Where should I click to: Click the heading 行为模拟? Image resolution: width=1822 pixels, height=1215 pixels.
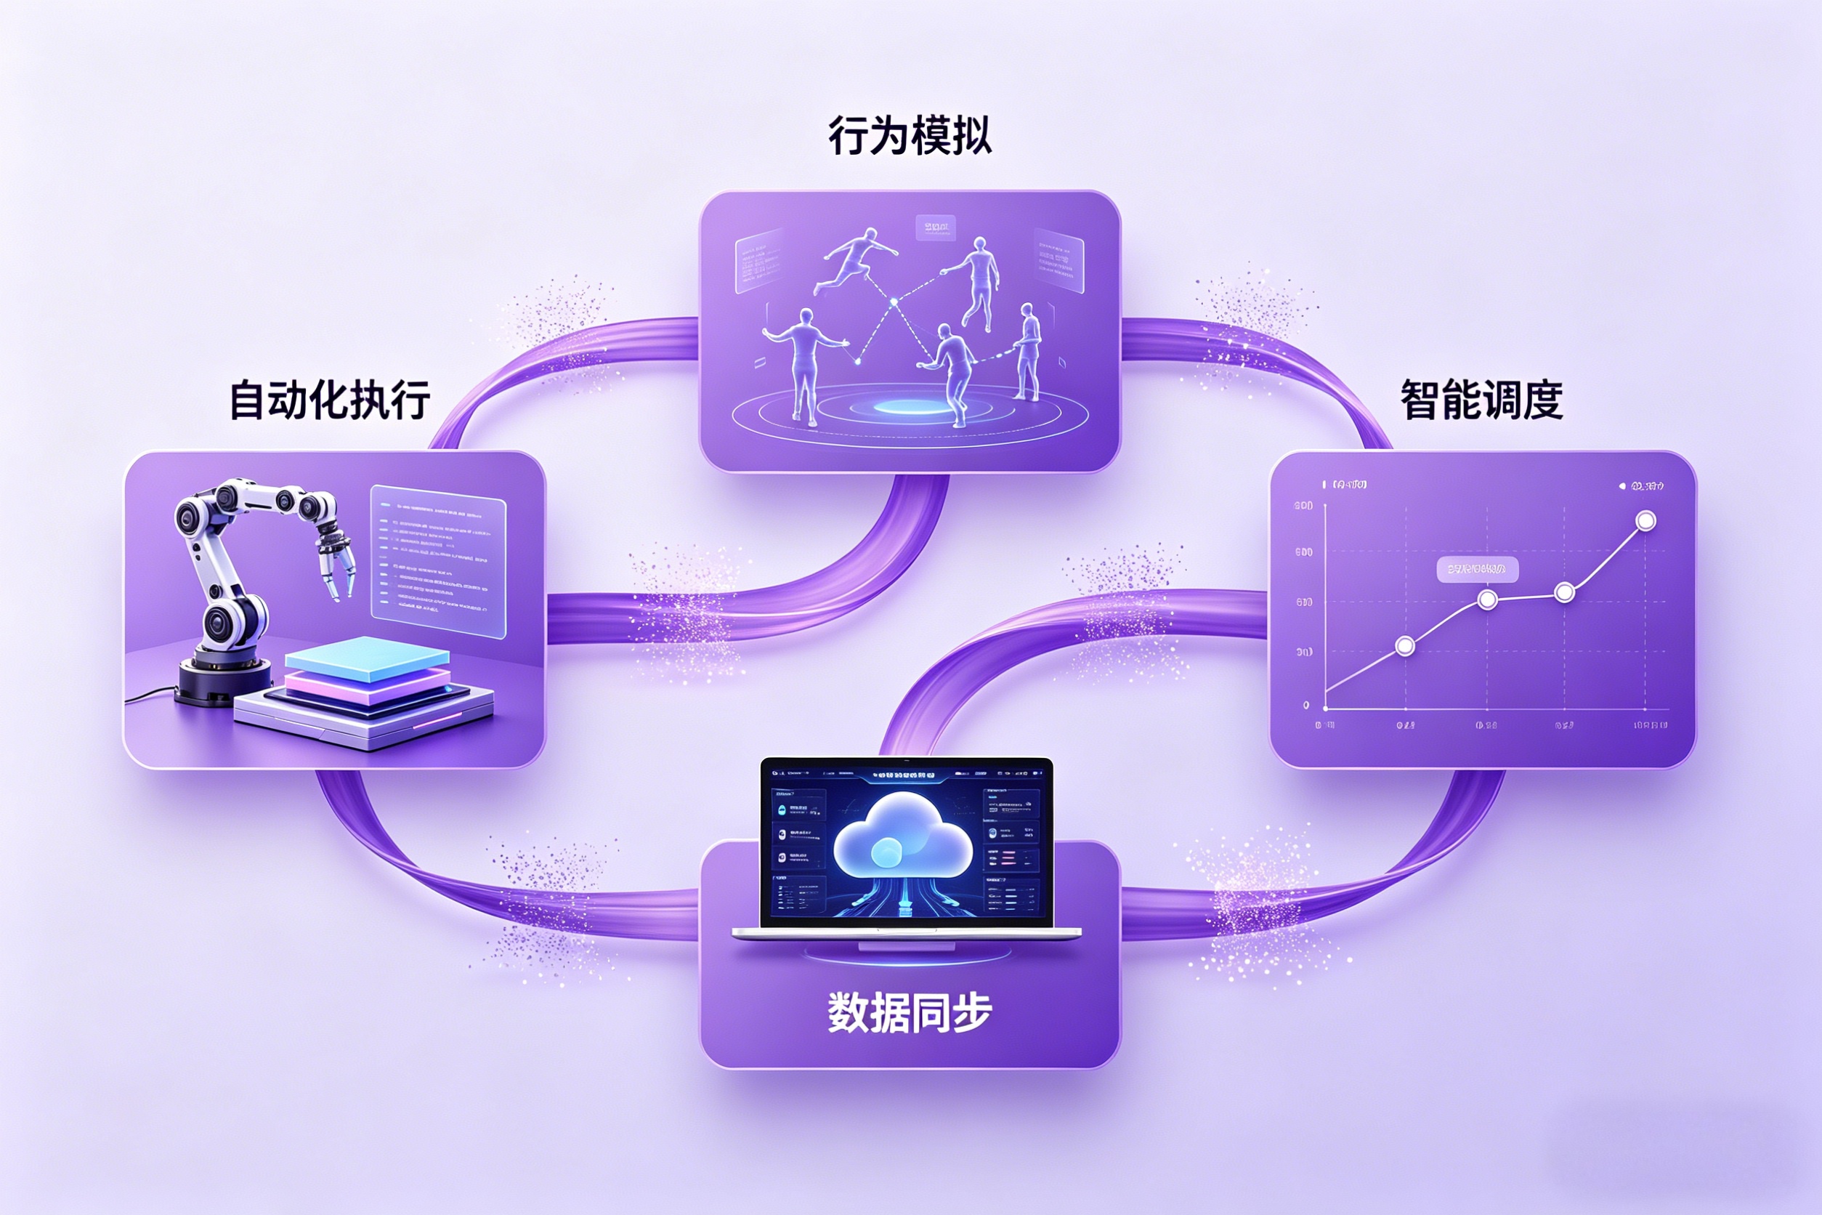pyautogui.click(x=910, y=136)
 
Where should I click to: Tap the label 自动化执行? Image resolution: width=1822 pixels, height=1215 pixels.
pyautogui.click(x=330, y=400)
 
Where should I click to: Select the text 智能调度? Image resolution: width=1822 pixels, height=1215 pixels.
pyautogui.click(x=1481, y=400)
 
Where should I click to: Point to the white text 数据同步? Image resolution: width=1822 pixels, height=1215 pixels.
pyautogui.click(x=910, y=1012)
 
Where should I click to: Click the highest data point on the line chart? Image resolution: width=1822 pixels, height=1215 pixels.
pyautogui.click(x=1645, y=521)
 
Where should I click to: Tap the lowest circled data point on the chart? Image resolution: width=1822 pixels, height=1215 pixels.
pyautogui.click(x=1404, y=645)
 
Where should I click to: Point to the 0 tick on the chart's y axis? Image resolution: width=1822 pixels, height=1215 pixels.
pyautogui.click(x=1306, y=705)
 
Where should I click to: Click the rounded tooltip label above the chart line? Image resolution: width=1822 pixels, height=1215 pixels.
pyautogui.click(x=1477, y=570)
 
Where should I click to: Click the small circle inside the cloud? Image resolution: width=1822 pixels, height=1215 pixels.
pyautogui.click(x=886, y=853)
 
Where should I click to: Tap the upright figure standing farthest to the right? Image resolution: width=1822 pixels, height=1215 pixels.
pyautogui.click(x=1028, y=352)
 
